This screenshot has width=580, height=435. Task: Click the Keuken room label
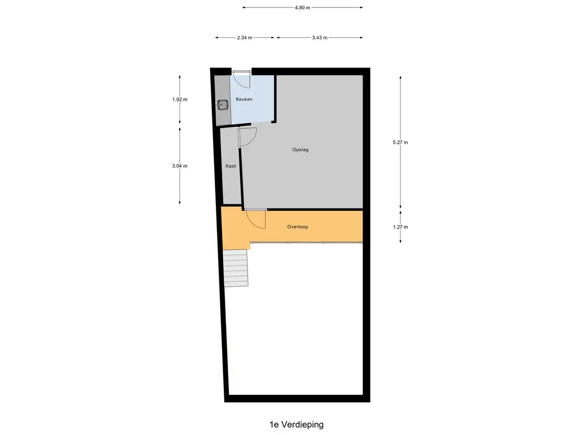click(244, 99)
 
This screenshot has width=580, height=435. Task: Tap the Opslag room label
click(300, 150)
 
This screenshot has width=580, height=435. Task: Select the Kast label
click(231, 166)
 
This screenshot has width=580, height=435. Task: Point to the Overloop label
click(298, 227)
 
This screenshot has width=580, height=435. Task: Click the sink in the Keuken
click(222, 105)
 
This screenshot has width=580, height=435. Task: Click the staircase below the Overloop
click(236, 268)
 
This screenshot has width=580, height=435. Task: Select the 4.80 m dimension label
click(302, 7)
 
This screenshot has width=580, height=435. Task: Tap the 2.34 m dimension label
click(245, 38)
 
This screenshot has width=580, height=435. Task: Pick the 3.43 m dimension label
click(319, 38)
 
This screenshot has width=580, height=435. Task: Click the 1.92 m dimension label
click(180, 100)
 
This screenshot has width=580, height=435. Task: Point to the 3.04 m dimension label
click(180, 166)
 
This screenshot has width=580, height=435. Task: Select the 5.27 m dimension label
click(400, 142)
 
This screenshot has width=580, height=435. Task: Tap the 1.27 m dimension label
click(400, 227)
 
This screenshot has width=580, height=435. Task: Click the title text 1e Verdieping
click(297, 425)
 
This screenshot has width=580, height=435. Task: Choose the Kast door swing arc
click(253, 139)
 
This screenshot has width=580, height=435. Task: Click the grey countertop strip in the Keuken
click(223, 100)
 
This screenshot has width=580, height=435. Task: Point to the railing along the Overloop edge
click(306, 242)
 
